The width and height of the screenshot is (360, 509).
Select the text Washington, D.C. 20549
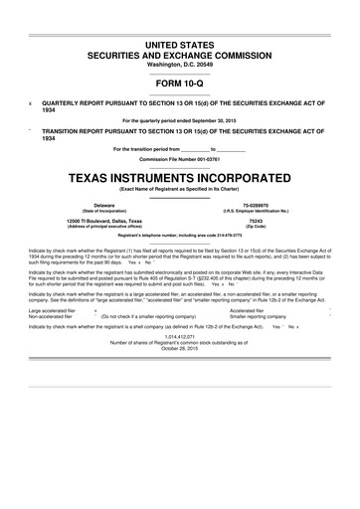pyautogui.click(x=179, y=65)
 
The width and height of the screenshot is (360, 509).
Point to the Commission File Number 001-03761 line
pyautogui.click(x=179, y=159)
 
